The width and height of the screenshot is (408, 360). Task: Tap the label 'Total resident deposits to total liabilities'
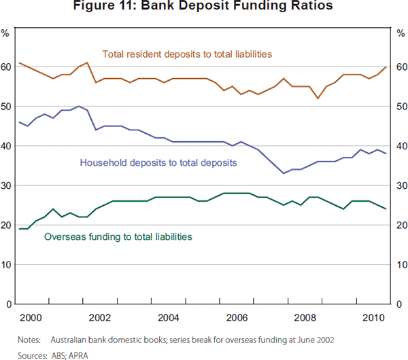pyautogui.click(x=187, y=53)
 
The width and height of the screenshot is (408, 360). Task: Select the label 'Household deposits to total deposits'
pyautogui.click(x=158, y=163)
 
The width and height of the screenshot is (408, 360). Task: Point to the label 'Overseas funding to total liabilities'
pyautogui.click(x=118, y=236)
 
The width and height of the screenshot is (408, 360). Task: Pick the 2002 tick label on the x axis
pyautogui.click(x=100, y=317)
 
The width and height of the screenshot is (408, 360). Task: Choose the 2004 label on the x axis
pyautogui.click(x=168, y=317)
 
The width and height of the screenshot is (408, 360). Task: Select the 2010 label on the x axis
pyautogui.click(x=372, y=317)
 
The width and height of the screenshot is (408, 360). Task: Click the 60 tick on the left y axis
pyautogui.click(x=7, y=67)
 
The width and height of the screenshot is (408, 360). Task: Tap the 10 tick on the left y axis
pyautogui.click(x=7, y=264)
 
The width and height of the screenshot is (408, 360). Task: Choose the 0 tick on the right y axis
pyautogui.click(x=398, y=304)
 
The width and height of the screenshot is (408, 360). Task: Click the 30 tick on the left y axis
pyautogui.click(x=7, y=185)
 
